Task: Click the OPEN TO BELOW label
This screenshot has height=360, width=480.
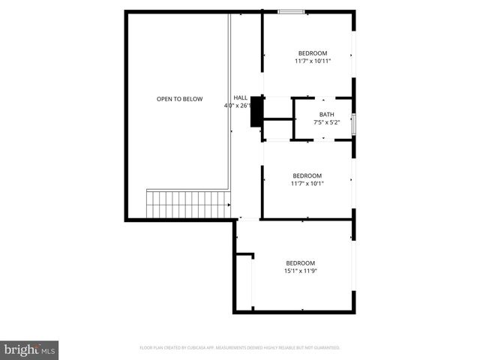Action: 179,99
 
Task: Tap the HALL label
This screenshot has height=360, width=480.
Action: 240,97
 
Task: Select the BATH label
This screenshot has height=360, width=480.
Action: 326,114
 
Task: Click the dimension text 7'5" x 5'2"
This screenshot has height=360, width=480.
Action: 326,121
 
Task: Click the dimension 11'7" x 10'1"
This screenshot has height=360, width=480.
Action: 307,184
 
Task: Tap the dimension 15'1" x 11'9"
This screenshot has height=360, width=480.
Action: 300,271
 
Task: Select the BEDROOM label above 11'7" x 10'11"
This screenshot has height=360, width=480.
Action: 312,52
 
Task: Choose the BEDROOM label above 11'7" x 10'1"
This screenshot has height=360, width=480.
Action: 307,175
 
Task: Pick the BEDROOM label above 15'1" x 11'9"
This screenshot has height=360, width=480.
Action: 300,262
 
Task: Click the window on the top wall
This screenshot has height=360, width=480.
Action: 291,11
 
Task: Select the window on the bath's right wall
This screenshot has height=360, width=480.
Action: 354,122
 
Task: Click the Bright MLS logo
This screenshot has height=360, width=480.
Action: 30,349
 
